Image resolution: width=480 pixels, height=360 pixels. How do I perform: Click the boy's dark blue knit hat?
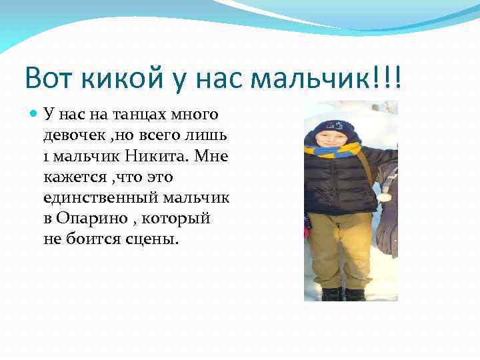[x=331, y=127]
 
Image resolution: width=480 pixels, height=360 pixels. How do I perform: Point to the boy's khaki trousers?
[x=340, y=247]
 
